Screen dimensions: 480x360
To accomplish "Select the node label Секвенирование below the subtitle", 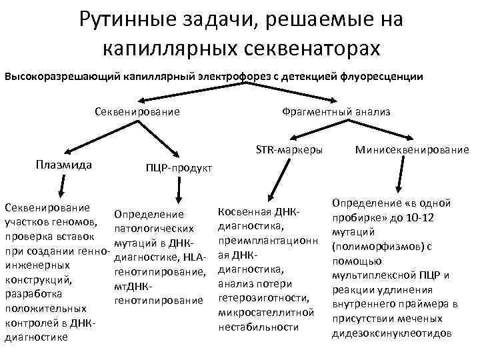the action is tap(137, 111).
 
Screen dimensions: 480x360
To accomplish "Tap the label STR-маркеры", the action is tap(289, 149).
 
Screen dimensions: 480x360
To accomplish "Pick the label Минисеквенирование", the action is tap(412, 149).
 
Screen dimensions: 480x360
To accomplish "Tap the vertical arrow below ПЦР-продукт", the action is tap(178, 189).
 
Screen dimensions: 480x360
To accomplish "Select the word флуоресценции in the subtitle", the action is tap(382, 77).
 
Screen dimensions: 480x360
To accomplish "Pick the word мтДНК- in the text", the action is tap(135, 287).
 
